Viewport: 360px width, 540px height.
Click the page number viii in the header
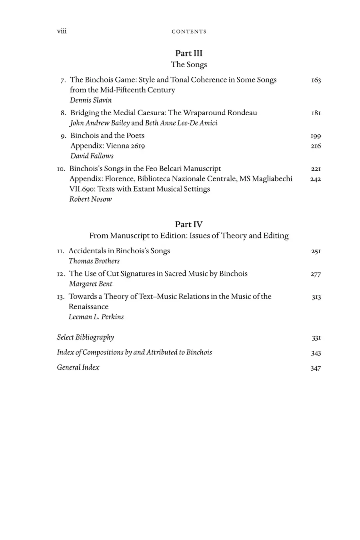coord(62,31)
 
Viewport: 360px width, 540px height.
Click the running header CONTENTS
coord(189,32)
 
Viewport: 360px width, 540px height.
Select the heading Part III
coord(189,53)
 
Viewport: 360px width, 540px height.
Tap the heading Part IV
coord(189,224)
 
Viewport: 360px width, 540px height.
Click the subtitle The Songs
coord(189,64)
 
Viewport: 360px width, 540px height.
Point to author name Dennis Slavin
coord(91,100)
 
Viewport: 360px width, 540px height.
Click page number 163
coord(316,80)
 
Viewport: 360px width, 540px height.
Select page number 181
coord(316,113)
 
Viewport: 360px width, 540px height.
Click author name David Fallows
coord(92,156)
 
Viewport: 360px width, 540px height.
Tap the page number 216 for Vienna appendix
coord(316,146)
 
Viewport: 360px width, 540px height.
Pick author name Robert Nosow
coord(90,199)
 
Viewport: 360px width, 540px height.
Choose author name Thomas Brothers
coord(94,261)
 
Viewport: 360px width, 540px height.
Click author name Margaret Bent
coord(90,284)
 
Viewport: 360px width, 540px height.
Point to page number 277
coord(316,274)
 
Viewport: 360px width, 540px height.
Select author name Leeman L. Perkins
coord(96,317)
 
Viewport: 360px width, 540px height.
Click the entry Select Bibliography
coord(86,337)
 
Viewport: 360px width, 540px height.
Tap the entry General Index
coord(78,367)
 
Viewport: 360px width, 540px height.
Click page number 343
coord(316,353)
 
